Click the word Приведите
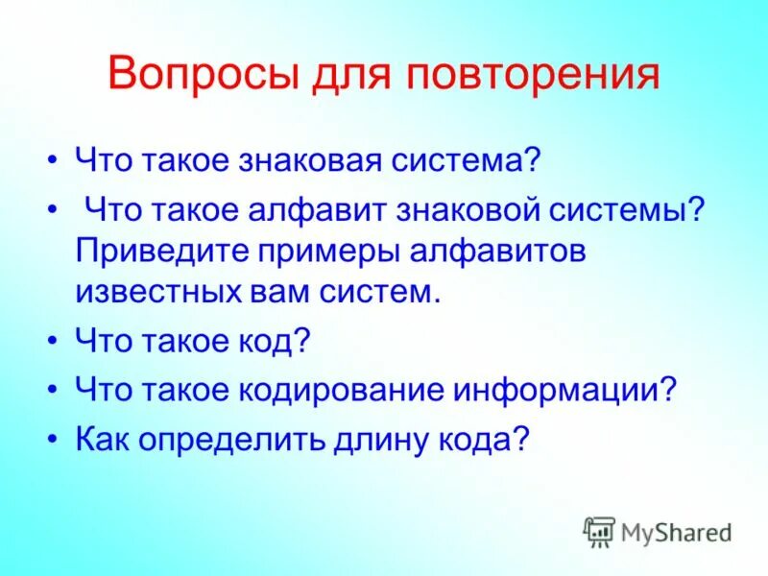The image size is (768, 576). coord(164,251)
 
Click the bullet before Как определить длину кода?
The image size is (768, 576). coord(54,440)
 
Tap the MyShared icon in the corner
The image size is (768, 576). coord(599,530)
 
